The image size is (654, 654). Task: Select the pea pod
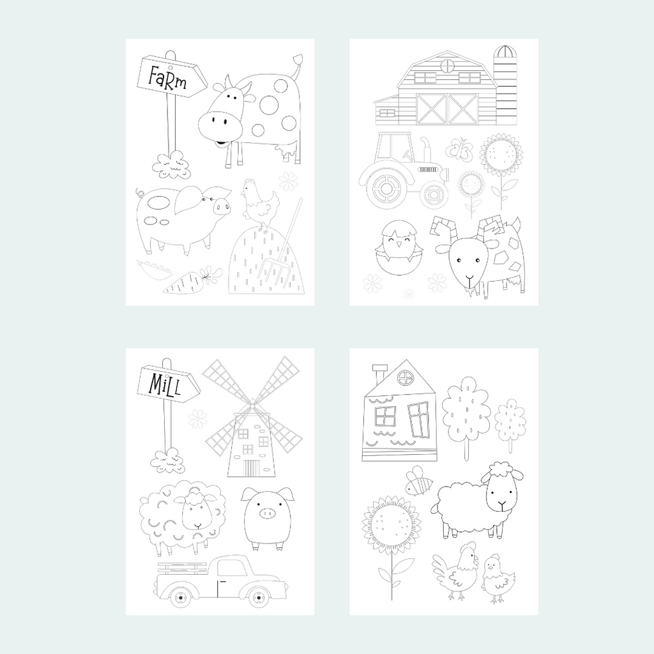click(154, 270)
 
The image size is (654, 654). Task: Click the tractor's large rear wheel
click(386, 187)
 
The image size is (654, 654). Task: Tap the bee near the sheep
click(418, 481)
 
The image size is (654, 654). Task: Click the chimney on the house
click(379, 374)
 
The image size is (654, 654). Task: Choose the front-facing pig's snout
click(267, 513)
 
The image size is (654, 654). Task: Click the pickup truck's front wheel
click(259, 597)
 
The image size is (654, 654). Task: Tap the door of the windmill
click(251, 468)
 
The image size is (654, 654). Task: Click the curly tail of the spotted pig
click(140, 192)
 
